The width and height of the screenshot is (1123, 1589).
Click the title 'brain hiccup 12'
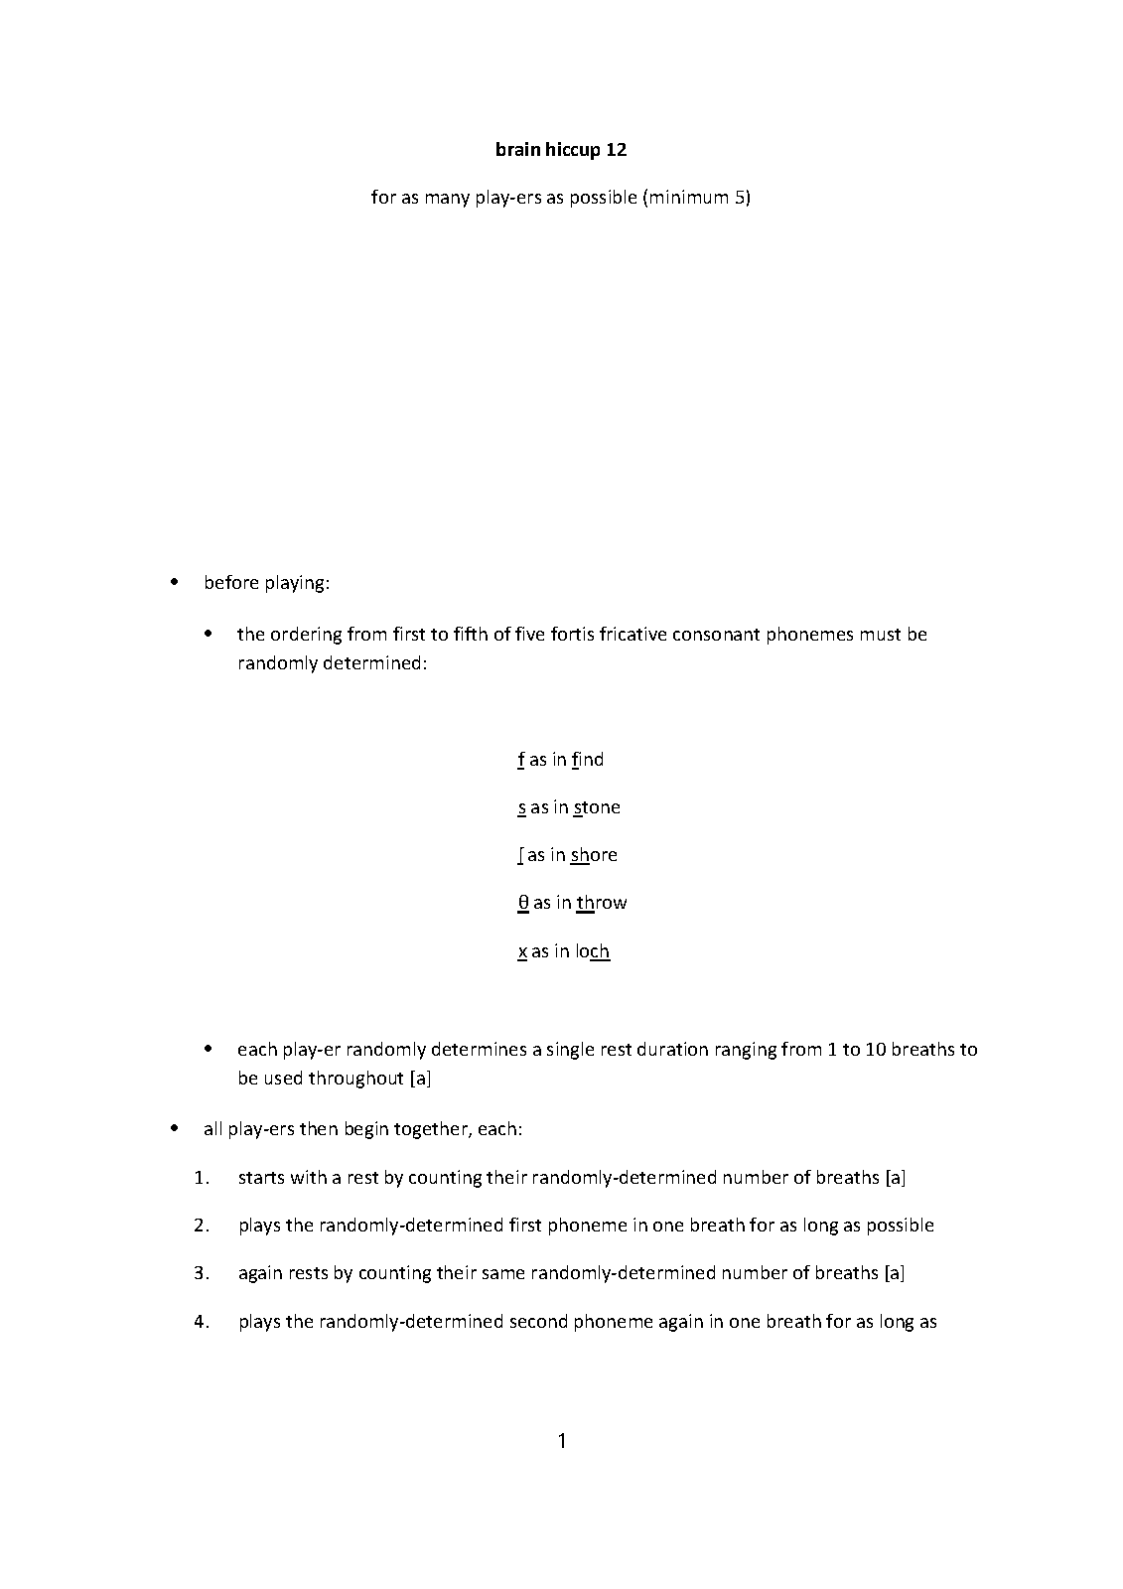(561, 150)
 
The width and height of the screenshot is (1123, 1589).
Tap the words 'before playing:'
(266, 583)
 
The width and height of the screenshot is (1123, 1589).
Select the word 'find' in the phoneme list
(588, 760)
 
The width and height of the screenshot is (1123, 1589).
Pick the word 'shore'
(594, 855)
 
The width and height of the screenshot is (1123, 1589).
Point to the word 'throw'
(602, 903)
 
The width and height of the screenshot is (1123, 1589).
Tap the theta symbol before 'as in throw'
(523, 903)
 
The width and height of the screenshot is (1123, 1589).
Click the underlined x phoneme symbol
(522, 951)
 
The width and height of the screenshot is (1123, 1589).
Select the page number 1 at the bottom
(562, 1441)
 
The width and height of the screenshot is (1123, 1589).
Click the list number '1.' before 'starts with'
(203, 1178)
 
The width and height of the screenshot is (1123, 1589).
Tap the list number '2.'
(203, 1226)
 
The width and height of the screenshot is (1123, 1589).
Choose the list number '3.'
(203, 1273)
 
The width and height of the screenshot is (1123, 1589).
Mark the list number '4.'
(203, 1322)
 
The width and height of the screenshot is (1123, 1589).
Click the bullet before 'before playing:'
(176, 583)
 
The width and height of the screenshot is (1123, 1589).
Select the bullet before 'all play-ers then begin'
(176, 1129)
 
